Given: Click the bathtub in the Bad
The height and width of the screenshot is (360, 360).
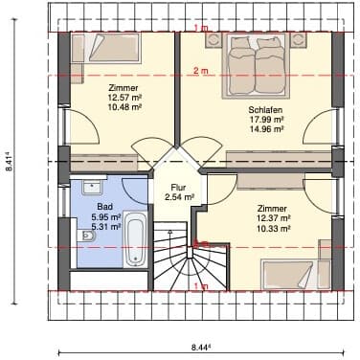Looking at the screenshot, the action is [x=135, y=239].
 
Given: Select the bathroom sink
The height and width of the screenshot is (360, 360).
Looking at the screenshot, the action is [x=92, y=187].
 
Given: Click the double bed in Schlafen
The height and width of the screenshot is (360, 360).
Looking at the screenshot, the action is [x=257, y=64].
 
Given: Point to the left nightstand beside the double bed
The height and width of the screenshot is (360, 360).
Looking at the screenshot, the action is [x=214, y=39].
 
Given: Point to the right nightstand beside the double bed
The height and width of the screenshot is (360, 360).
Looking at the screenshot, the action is [x=298, y=39].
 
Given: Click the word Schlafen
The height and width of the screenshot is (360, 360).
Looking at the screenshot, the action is [x=265, y=110].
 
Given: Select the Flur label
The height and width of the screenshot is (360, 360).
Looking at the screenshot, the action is [x=178, y=188].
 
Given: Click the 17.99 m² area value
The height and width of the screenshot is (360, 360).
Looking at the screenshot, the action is [x=266, y=120].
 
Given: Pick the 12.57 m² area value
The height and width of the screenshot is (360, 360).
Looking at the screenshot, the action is [x=124, y=98].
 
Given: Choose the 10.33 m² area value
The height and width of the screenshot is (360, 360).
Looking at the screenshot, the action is [x=274, y=229].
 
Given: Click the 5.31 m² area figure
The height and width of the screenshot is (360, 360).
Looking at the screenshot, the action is [x=106, y=227].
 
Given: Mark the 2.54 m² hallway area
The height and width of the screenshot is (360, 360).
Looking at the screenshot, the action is [x=180, y=197].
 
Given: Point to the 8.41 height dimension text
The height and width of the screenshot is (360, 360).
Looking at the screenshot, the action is [x=10, y=163].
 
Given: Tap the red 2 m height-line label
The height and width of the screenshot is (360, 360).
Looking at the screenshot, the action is [x=201, y=71].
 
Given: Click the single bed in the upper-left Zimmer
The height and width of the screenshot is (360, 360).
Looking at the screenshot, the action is [x=105, y=48].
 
